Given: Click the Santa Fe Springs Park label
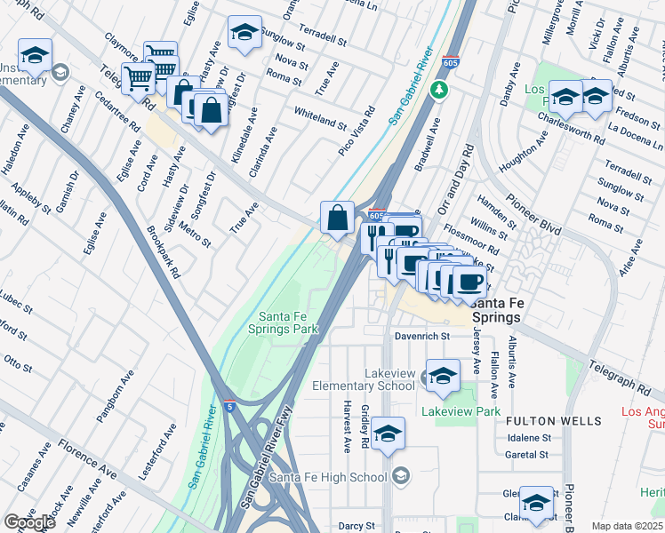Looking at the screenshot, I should [288, 322].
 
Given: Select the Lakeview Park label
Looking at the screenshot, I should [461, 412].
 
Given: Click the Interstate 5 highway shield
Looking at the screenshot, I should [229, 405].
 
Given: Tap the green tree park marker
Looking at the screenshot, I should [437, 90].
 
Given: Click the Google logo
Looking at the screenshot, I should [28, 522].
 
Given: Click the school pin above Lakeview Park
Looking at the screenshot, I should [442, 375].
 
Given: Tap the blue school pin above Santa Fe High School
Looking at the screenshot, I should [387, 434].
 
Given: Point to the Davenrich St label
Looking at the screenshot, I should [422, 337].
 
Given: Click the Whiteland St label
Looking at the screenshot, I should [320, 120].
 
